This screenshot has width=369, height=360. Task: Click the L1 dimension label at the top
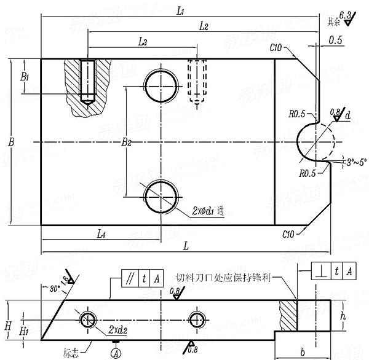(x=181, y=11)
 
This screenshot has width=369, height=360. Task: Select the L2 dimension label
(x=204, y=26)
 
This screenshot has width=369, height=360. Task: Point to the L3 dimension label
(x=142, y=42)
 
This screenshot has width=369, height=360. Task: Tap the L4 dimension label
(x=103, y=233)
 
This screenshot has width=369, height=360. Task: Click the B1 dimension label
(x=25, y=77)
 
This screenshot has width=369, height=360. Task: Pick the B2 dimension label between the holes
(x=126, y=143)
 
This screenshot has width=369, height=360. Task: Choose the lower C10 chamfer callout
(x=288, y=234)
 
